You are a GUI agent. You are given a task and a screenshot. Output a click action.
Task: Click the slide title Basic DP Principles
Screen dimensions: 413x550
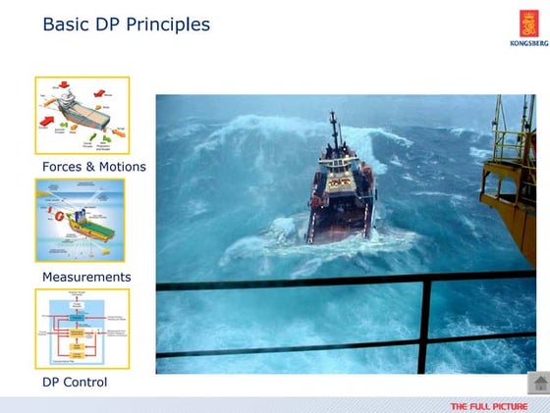[x=126, y=24]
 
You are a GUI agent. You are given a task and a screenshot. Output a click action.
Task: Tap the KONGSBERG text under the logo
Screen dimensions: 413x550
[x=528, y=43]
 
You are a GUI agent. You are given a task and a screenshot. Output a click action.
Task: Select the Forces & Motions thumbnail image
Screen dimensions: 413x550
[x=82, y=116]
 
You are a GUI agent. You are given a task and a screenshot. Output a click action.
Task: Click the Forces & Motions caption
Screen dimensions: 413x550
[x=93, y=167]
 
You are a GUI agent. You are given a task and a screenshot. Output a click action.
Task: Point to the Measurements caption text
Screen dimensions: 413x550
[x=86, y=277]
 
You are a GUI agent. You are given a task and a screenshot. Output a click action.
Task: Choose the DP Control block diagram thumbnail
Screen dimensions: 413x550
[x=82, y=329]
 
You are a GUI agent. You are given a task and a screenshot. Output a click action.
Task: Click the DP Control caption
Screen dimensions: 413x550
[x=75, y=382]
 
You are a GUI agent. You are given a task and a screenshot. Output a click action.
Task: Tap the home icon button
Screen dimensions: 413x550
[x=537, y=384]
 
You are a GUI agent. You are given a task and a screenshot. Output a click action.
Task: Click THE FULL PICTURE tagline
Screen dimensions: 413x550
[x=488, y=406]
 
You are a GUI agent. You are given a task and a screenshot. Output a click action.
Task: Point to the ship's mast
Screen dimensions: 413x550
[x=335, y=132]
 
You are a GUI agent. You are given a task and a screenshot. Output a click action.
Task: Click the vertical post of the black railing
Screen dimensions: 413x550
[x=424, y=325]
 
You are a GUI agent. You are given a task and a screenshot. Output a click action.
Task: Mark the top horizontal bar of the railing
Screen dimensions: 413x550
[x=295, y=285]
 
